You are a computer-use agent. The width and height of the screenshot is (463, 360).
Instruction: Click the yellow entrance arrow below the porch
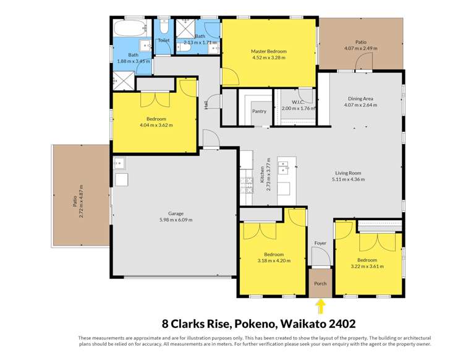pos(320,306)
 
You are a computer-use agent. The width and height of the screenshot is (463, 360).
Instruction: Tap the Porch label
pos(320,284)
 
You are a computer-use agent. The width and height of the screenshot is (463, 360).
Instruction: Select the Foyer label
pos(320,243)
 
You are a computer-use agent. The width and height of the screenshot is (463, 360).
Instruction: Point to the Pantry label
pos(260,111)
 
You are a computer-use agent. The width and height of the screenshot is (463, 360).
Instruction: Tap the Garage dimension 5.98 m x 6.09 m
pos(173,220)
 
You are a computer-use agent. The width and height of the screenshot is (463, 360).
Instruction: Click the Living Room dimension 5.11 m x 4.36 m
pos(348,179)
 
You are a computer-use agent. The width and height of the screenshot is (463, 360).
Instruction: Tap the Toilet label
pos(163,40)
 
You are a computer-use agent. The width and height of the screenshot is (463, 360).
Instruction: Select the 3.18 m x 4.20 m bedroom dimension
pos(273,261)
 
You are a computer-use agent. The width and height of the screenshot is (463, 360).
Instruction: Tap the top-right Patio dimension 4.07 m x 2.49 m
pos(360,48)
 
